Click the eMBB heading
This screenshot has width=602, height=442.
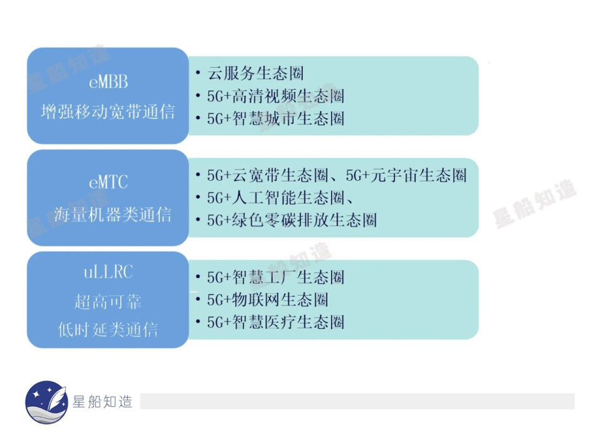coord(108,82)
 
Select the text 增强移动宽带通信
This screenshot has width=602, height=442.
coord(108,112)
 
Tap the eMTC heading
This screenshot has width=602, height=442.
coord(108,182)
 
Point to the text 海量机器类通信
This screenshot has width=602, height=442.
coord(112,214)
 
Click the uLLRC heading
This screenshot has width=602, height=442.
coord(108,272)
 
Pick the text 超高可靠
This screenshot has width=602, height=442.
coord(108,302)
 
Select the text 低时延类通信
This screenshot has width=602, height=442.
coord(108,330)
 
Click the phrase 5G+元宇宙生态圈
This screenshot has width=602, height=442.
coord(406,175)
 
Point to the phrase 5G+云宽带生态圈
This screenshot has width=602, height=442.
coord(268,175)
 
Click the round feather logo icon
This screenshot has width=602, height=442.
coord(46,402)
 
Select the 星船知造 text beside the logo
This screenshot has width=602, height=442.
coord(102,402)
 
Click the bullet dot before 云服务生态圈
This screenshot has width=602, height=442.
coord(198,72)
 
